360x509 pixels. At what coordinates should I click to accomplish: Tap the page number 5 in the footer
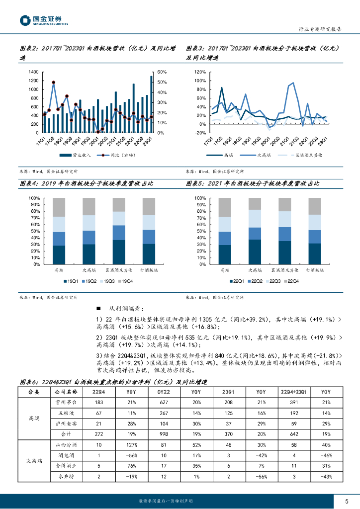pyautogui.click(x=346, y=501)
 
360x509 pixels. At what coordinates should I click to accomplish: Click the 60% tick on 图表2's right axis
pyautogui.click(x=162, y=72)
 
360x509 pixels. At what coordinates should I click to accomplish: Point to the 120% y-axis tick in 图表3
pyautogui.click(x=199, y=72)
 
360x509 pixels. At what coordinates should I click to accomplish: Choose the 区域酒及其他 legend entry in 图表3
pyautogui.click(x=308, y=155)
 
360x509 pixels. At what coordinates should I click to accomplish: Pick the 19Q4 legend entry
pyautogui.click(x=128, y=282)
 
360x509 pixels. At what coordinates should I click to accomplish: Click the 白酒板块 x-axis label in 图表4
pyautogui.click(x=149, y=270)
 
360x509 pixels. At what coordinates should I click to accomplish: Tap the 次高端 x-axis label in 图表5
pyautogui.click(x=254, y=270)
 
